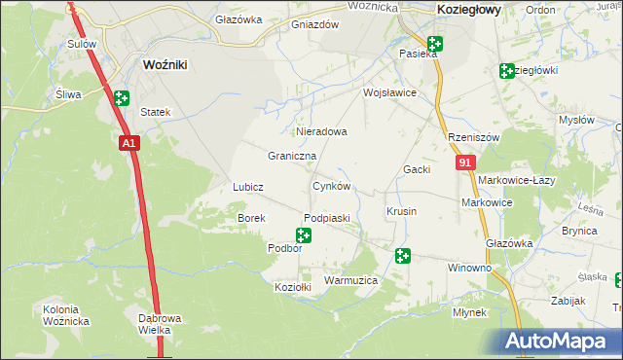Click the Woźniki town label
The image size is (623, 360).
165,64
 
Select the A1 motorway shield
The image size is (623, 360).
130,143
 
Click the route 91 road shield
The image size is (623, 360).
464,164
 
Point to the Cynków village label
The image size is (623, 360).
331,186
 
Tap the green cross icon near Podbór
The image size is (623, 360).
304,234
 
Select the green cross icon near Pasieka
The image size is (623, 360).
434,44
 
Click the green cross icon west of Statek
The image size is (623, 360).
121,98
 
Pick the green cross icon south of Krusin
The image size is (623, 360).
403,256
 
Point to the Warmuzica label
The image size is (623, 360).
350,280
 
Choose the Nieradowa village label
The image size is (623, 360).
320,130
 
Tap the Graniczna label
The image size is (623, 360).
292,156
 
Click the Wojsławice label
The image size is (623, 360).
389,93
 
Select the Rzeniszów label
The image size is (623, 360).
473,138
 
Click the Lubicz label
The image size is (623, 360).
248,186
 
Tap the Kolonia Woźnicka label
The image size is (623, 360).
66,315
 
